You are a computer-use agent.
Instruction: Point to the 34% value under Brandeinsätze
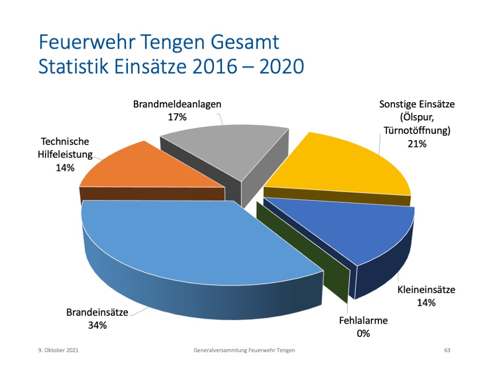(97, 325)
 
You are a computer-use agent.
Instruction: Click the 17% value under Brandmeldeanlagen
(177, 117)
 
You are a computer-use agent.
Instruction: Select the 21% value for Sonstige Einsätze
(417, 144)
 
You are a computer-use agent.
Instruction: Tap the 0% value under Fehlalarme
(363, 334)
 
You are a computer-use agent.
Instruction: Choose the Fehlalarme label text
(363, 321)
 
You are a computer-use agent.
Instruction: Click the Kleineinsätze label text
(426, 290)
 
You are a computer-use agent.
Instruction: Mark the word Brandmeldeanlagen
(177, 104)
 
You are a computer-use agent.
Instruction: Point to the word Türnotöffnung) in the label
(417, 130)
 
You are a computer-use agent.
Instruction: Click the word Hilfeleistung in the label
(65, 155)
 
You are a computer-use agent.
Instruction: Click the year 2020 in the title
(282, 66)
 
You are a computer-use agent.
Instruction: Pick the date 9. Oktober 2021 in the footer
(58, 350)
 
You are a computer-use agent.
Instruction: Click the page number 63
(447, 350)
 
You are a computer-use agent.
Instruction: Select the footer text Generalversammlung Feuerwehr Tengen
(244, 350)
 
